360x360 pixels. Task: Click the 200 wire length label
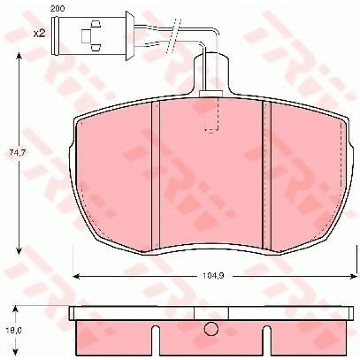58,9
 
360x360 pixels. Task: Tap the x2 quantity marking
39,34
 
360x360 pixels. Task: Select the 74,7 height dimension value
17,152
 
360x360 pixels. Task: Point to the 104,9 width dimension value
213,275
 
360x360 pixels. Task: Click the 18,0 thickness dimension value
14,331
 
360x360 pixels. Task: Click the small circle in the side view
211,329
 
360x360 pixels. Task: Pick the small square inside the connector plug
86,36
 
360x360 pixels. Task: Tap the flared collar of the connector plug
130,36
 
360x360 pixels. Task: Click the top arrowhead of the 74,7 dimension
19,56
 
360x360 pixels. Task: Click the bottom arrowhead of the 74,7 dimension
19,251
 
